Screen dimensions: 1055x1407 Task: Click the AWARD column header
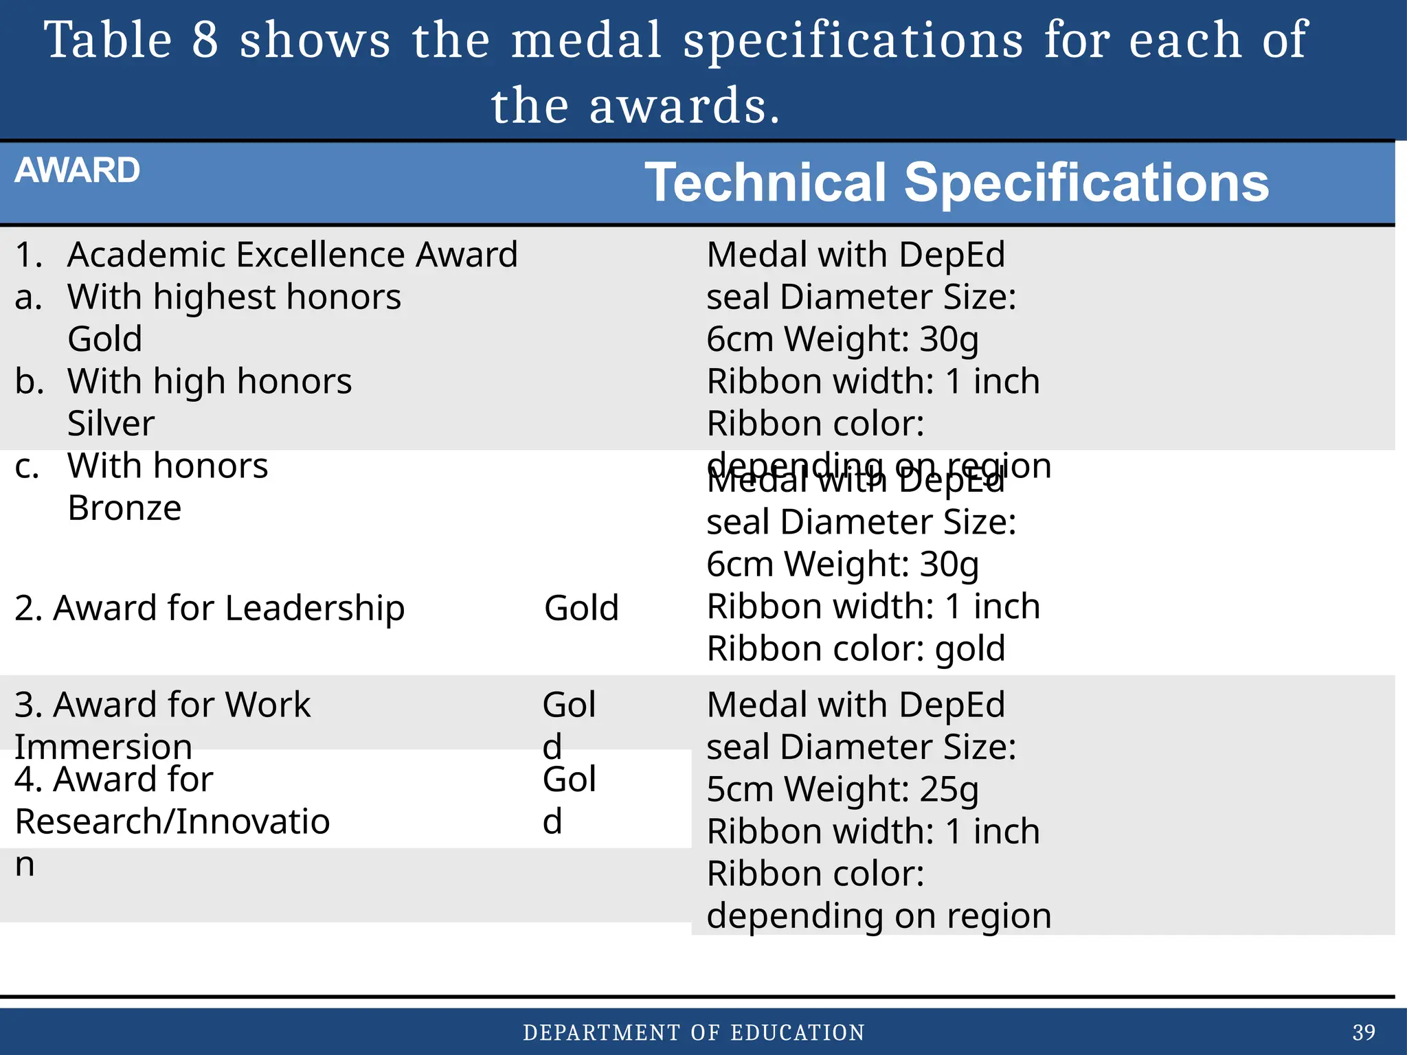pyautogui.click(x=77, y=170)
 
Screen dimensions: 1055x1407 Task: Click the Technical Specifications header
pyautogui.click(x=956, y=183)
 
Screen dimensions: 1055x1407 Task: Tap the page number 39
pyautogui.click(x=1364, y=1032)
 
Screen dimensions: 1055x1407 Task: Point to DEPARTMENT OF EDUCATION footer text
pyautogui.click(x=694, y=1033)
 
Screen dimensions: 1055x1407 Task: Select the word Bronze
pyautogui.click(x=124, y=508)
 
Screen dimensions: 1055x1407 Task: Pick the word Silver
pyautogui.click(x=111, y=423)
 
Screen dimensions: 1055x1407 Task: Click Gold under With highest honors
pyautogui.click(x=105, y=339)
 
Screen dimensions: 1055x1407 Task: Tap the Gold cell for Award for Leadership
pyautogui.click(x=581, y=609)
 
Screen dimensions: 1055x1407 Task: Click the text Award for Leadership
pyautogui.click(x=210, y=609)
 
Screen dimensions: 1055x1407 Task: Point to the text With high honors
pyautogui.click(x=210, y=381)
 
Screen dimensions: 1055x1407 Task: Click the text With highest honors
pyautogui.click(x=234, y=297)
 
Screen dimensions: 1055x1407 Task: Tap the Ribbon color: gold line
pyautogui.click(x=856, y=649)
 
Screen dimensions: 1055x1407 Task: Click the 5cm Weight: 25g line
pyautogui.click(x=842, y=789)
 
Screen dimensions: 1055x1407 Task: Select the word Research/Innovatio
pyautogui.click(x=172, y=821)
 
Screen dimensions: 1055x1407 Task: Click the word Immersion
pyautogui.click(x=103, y=747)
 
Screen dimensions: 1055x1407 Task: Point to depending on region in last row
pyautogui.click(x=879, y=916)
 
